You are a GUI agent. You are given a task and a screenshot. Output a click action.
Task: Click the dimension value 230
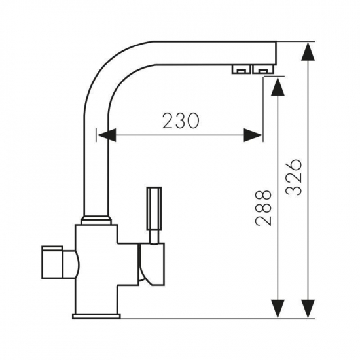[181, 120]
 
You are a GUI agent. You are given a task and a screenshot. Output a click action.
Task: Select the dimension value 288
[263, 207]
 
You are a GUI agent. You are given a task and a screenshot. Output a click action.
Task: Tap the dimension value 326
[294, 177]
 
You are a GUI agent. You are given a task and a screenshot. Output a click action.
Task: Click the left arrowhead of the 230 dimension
[107, 135]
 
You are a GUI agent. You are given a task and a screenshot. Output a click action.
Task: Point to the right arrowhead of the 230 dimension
[253, 135]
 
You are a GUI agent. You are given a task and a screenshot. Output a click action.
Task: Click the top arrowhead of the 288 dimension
[278, 86]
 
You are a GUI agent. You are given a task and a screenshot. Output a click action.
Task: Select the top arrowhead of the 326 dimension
[308, 52]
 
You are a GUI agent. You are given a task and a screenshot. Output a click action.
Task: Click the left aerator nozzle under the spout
[241, 69]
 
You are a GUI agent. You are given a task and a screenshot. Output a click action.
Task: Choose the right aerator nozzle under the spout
[263, 69]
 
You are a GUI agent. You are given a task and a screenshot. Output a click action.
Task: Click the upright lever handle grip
[154, 209]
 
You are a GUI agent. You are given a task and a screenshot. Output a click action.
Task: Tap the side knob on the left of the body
[52, 262]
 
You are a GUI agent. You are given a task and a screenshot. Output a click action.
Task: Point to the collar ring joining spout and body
[96, 220]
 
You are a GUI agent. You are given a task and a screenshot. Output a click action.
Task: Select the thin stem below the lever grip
[154, 237]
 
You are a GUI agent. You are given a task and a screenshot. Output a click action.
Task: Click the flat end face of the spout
[276, 53]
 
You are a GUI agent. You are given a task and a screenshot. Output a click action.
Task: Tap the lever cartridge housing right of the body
[152, 264]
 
